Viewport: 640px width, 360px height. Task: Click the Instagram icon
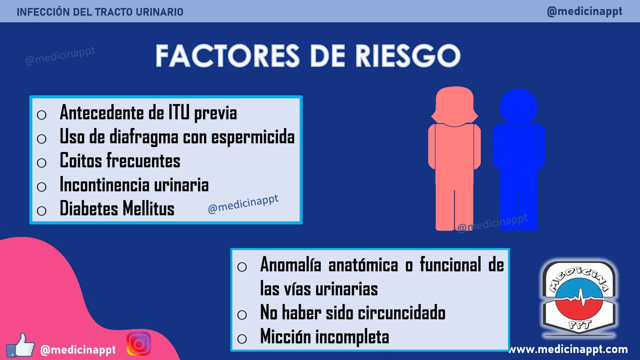139,344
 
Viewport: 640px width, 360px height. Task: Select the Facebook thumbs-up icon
21,345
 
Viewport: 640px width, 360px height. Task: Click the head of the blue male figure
519,107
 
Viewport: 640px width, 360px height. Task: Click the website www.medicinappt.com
568,349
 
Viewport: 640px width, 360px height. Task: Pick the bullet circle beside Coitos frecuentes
42,163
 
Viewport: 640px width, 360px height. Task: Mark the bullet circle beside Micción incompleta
242,339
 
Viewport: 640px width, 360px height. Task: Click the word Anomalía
291,265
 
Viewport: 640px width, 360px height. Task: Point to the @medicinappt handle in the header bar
585,11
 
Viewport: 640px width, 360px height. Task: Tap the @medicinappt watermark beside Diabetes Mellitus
243,204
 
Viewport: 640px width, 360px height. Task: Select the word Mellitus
148,209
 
